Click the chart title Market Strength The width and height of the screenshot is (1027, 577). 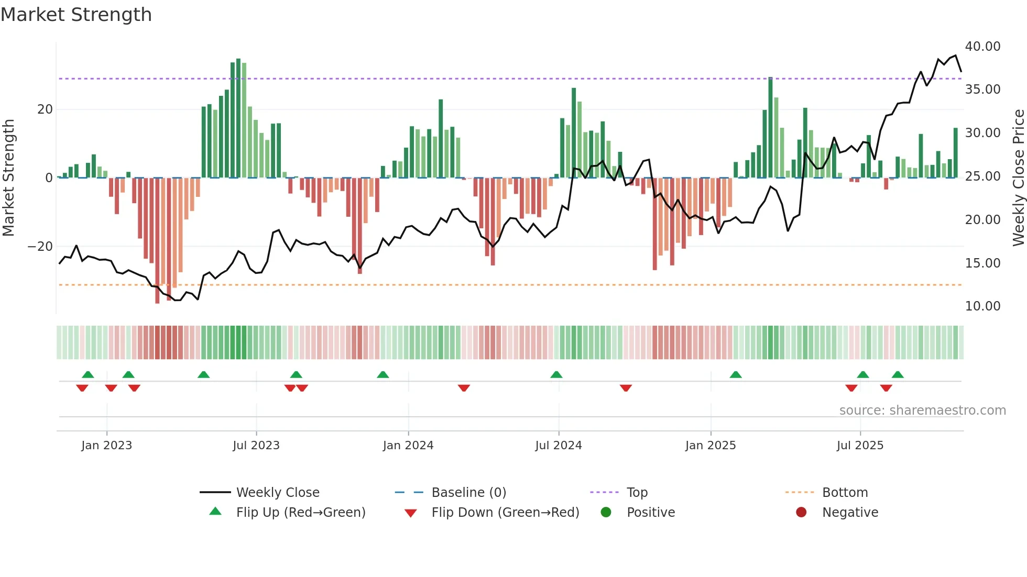[x=76, y=15]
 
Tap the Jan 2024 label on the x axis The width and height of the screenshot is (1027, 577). [x=408, y=446]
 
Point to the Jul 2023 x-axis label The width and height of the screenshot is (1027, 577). [x=256, y=446]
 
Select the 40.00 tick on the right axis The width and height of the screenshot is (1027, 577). [x=982, y=47]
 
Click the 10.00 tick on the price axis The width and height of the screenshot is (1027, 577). [x=982, y=306]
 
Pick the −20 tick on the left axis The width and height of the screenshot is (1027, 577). [x=40, y=247]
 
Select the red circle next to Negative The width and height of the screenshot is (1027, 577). [x=801, y=513]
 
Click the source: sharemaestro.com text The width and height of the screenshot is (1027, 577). [x=922, y=410]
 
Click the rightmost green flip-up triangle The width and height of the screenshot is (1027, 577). [x=898, y=375]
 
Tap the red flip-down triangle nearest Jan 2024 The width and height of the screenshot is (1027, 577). [x=464, y=388]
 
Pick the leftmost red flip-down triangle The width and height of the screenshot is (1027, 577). [x=82, y=388]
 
